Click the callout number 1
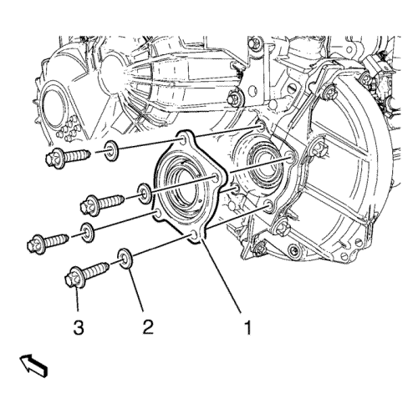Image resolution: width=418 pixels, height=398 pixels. (x=247, y=327)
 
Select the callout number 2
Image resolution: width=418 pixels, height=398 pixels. (x=148, y=327)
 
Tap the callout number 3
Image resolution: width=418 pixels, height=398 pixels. (x=79, y=327)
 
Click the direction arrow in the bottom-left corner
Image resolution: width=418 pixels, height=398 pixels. (x=33, y=365)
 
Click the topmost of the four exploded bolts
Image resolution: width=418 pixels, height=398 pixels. (x=68, y=158)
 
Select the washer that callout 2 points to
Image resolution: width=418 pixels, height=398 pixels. (x=125, y=259)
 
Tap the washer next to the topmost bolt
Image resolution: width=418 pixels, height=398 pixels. (x=111, y=151)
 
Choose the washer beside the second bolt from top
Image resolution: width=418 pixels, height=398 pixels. (x=145, y=194)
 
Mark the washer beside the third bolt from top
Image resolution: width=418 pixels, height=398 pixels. (x=88, y=232)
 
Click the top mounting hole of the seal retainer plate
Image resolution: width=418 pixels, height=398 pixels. (x=182, y=140)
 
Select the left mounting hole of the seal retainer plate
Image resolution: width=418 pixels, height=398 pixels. (x=158, y=214)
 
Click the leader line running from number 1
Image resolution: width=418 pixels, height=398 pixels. (x=222, y=275)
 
